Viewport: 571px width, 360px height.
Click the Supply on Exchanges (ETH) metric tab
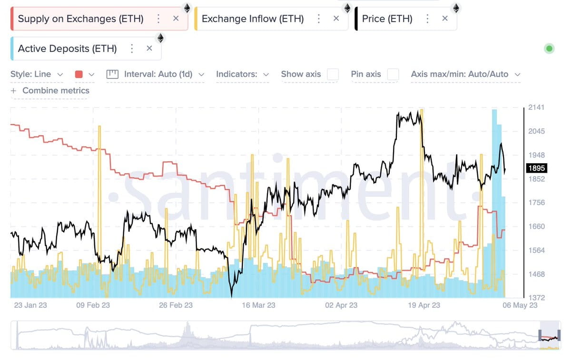click(80, 19)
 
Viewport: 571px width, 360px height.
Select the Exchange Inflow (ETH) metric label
click(252, 19)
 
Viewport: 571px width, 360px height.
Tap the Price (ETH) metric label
click(387, 19)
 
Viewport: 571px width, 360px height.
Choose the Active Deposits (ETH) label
click(67, 49)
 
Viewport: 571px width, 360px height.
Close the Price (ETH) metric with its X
click(445, 19)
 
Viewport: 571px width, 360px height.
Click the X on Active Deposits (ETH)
click(149, 48)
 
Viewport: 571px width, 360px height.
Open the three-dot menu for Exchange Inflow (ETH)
click(319, 19)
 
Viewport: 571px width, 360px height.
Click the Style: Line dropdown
click(37, 74)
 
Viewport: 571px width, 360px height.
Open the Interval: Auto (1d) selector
click(156, 74)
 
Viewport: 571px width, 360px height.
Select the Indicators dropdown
click(242, 74)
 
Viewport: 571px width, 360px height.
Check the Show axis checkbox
click(333, 74)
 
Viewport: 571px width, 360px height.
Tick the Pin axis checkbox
click(393, 74)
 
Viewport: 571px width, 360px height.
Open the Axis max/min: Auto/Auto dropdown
click(465, 74)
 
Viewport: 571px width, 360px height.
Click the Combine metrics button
click(50, 90)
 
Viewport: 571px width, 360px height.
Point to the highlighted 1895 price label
click(537, 168)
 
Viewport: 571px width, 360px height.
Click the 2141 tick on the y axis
click(536, 107)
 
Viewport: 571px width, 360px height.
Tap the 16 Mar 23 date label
click(258, 305)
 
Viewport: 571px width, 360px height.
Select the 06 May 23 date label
click(520, 305)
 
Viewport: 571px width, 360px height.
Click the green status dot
click(550, 48)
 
